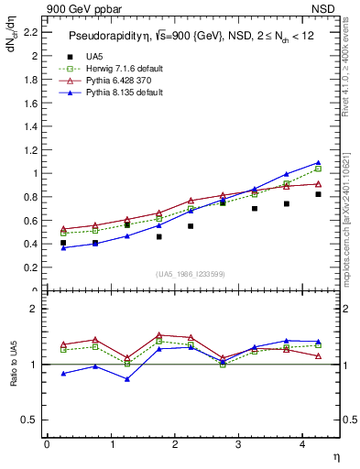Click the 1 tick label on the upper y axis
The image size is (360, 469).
click(x=36, y=173)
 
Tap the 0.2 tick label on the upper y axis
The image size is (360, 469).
click(x=30, y=267)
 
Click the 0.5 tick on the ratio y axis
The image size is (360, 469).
click(x=30, y=420)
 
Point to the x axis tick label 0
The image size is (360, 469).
click(x=47, y=444)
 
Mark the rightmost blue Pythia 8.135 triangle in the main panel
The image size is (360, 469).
click(x=318, y=162)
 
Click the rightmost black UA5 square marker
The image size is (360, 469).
click(x=318, y=194)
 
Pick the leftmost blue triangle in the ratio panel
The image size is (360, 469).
click(x=62, y=374)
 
